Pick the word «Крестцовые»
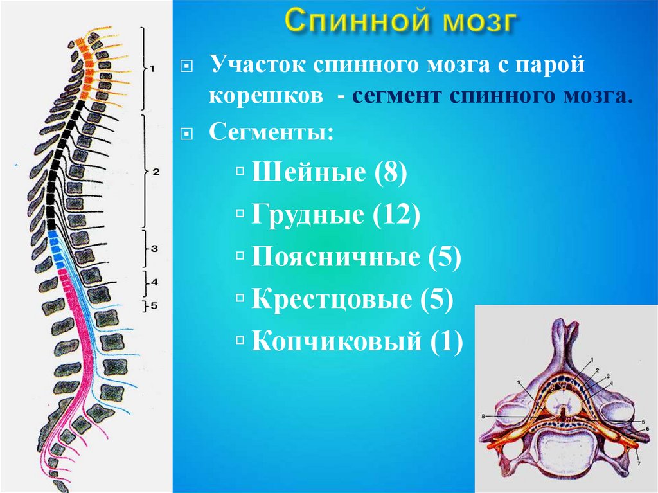coord(331,299)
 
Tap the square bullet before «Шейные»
coord(240,173)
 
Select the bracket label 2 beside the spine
coord(156,172)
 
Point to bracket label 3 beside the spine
coord(154,248)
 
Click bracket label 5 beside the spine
coord(154,306)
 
